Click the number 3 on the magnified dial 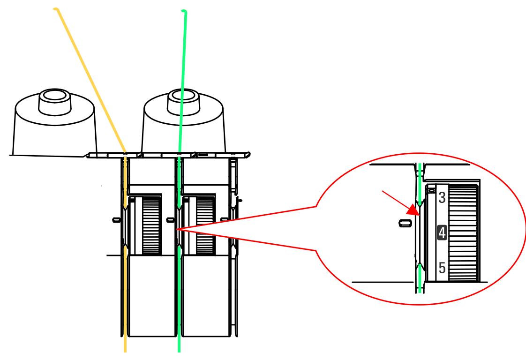point(442,198)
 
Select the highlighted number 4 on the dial point(442,232)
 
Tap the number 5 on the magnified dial point(442,268)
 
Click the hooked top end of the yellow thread point(56,9)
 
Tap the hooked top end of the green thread point(183,11)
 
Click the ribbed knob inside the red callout point(463,232)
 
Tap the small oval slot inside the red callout point(405,223)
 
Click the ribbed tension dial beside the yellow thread point(151,225)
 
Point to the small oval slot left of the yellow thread point(116,220)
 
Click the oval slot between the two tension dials point(171,220)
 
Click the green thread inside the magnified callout point(419,228)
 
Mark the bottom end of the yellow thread point(125,351)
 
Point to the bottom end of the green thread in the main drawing point(179,351)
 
